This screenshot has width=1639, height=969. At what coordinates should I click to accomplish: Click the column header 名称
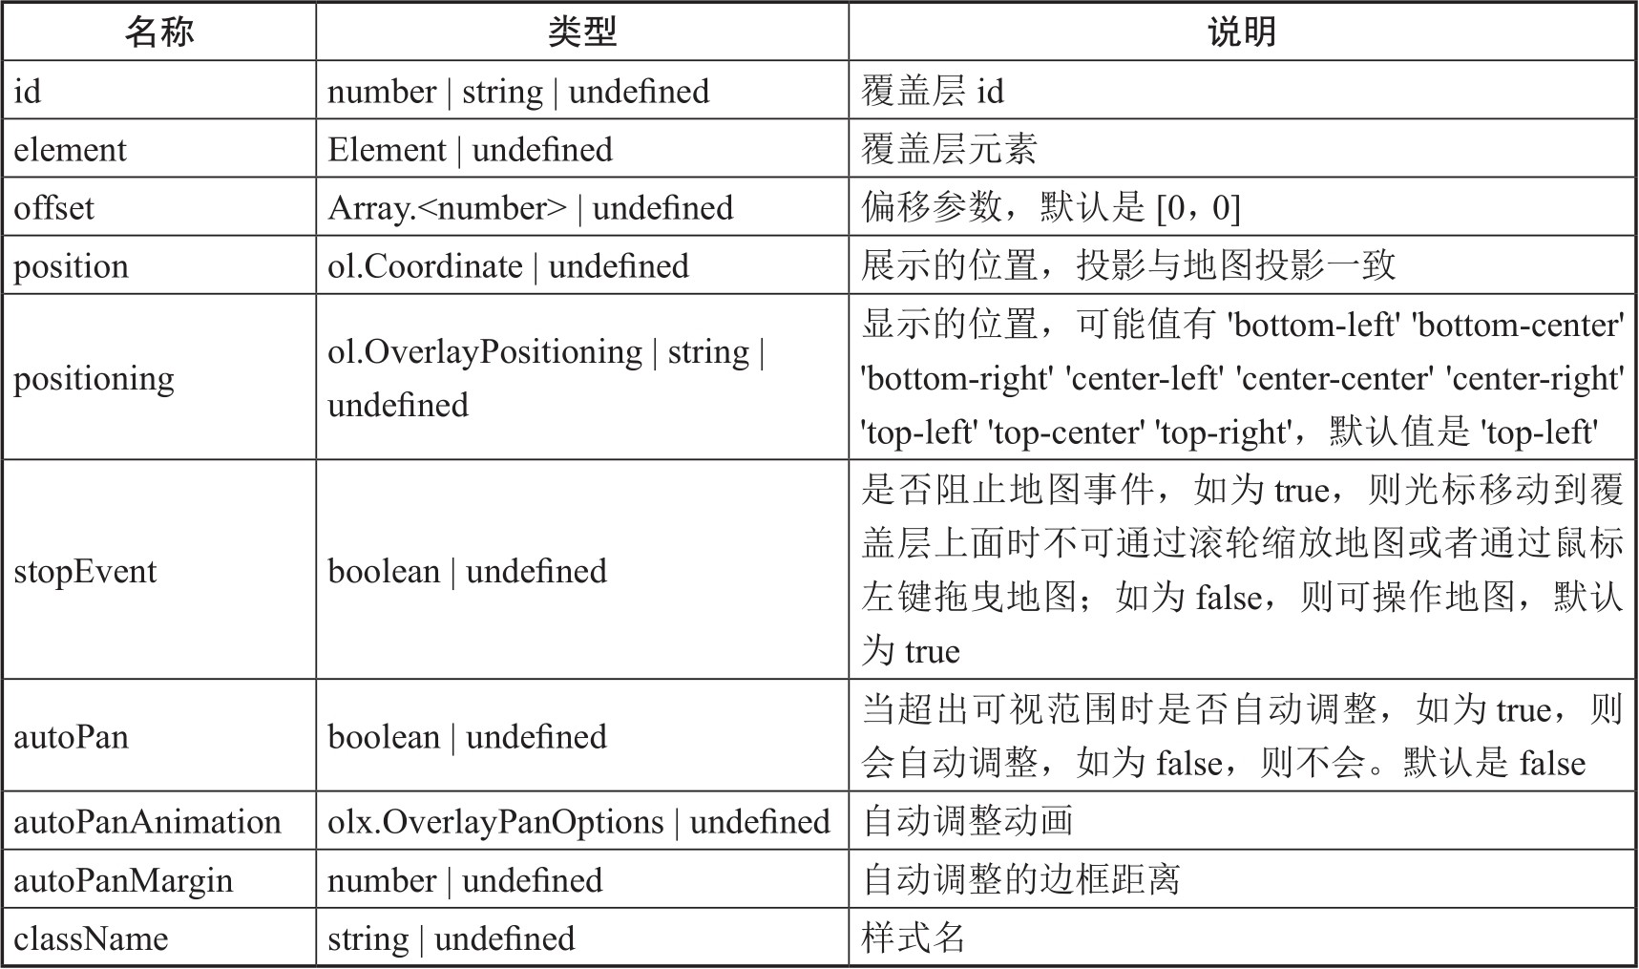pos(159,32)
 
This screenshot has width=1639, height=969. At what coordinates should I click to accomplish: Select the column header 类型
pos(581,32)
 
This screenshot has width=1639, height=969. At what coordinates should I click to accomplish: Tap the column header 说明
pos(1241,32)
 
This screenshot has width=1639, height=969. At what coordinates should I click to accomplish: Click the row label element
pos(70,150)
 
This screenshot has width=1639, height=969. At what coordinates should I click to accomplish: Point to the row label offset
pos(53,208)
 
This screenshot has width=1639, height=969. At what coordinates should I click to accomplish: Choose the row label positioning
pos(94,378)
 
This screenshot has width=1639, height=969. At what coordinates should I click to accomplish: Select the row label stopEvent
pos(85,571)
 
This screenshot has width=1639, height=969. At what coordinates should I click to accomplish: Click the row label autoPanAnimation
pos(147,822)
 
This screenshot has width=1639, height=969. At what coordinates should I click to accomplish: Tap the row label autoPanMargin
pos(123,880)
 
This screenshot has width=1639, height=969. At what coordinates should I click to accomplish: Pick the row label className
pos(91,938)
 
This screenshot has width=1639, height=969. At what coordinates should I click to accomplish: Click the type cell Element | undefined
pos(470,150)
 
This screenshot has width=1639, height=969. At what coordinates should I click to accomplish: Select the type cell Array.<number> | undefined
pos(530,208)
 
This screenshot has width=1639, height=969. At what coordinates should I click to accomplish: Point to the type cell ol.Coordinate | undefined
pos(508,266)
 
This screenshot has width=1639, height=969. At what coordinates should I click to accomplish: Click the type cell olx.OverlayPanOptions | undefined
pos(578,822)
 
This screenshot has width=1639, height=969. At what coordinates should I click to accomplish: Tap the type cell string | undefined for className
pos(451,938)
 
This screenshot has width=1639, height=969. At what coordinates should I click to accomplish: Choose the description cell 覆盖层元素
pos(948,150)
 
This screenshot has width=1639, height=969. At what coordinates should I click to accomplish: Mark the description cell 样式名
pos(913,938)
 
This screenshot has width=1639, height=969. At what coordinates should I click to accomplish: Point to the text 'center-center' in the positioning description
pos(1334,379)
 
